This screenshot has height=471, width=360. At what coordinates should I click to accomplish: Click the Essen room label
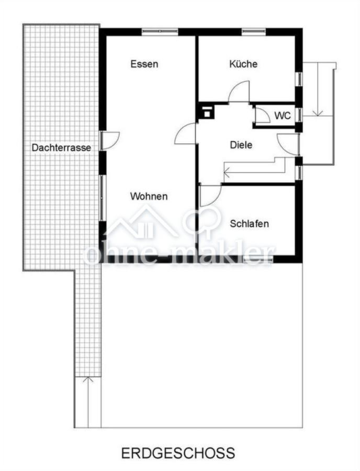(x=144, y=64)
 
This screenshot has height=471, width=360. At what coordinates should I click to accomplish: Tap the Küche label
(x=243, y=64)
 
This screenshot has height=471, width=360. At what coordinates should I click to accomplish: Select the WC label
(x=283, y=115)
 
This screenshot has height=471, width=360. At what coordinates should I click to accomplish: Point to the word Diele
(x=241, y=145)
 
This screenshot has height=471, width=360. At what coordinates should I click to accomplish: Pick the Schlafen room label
(x=249, y=223)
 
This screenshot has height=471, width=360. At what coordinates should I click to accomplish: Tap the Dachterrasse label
(x=61, y=148)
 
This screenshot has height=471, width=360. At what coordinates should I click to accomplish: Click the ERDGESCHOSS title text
(x=178, y=453)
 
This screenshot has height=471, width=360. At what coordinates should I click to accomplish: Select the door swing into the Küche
(x=239, y=92)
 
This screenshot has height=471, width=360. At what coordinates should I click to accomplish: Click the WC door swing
(x=262, y=115)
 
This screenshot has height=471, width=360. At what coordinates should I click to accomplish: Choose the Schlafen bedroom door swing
(x=210, y=196)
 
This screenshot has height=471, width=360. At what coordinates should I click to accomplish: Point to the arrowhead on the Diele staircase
(x=227, y=172)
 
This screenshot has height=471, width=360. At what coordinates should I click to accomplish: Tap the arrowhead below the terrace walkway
(x=88, y=379)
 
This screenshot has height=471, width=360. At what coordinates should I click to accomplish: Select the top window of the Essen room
(x=160, y=31)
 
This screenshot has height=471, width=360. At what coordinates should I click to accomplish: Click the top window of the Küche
(x=254, y=31)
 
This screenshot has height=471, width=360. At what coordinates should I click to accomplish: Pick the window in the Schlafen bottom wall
(x=258, y=259)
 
